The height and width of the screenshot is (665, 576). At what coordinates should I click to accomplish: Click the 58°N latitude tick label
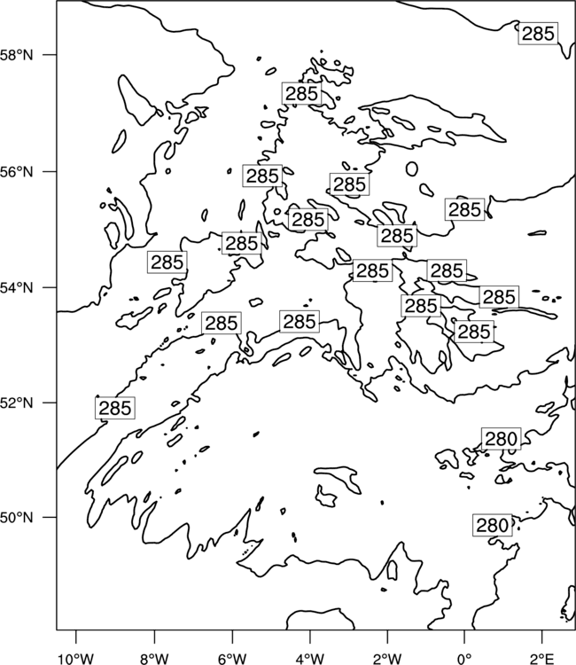coord(17,55)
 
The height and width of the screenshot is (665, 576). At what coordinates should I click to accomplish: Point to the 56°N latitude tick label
coord(17,172)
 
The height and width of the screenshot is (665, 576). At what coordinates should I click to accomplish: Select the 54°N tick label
coord(17,288)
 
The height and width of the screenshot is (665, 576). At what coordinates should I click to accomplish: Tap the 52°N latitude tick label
coord(17,403)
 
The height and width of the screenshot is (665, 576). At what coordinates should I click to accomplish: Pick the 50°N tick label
coord(17,518)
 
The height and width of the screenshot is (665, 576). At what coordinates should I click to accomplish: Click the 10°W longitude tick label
coord(76,659)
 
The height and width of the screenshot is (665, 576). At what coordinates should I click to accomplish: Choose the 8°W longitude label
coord(154,659)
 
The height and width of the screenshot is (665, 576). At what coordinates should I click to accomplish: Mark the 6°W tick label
coord(232,659)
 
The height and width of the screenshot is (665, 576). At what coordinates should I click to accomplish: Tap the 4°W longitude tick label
coord(310,659)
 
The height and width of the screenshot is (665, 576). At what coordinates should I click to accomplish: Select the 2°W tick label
coord(387,659)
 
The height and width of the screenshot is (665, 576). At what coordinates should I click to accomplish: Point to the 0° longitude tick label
coord(465,659)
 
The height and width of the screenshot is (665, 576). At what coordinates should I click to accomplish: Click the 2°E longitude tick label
coord(542,659)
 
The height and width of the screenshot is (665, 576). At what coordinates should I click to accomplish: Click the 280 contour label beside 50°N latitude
coord(493,526)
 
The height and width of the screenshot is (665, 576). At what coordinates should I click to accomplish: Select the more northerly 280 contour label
coord(501,439)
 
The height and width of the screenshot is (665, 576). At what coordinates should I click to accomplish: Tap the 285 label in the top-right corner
coord(538,34)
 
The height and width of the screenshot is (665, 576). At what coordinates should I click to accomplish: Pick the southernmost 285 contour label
coord(115,408)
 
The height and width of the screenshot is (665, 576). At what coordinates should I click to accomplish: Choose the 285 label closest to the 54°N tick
coord(167,262)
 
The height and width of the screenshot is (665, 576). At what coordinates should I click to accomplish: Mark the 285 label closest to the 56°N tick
coord(262,176)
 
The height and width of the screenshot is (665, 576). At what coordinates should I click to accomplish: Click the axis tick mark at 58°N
coord(50,55)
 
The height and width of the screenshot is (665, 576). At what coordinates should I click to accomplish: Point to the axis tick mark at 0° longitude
coord(465,637)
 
